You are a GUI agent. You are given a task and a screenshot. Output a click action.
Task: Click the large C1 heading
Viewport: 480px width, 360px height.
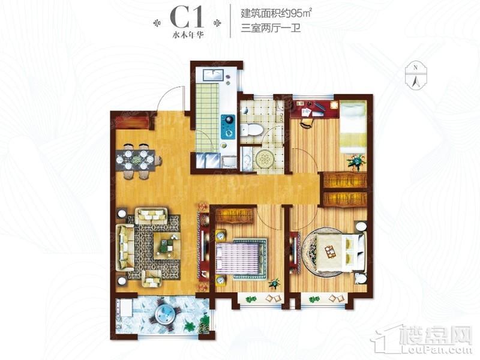pos(187,18)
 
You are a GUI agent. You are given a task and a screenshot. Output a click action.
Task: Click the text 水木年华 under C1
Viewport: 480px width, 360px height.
pos(188,35)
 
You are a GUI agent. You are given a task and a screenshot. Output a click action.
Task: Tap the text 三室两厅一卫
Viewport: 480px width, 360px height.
pos(271,28)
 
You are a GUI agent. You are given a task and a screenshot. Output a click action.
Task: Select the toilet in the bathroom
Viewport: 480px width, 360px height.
pos(251,130)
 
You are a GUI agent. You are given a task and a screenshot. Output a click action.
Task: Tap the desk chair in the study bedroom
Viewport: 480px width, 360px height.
pos(307,123)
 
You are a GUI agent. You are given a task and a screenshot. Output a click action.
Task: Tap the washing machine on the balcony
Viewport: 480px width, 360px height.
pos(125,308)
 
